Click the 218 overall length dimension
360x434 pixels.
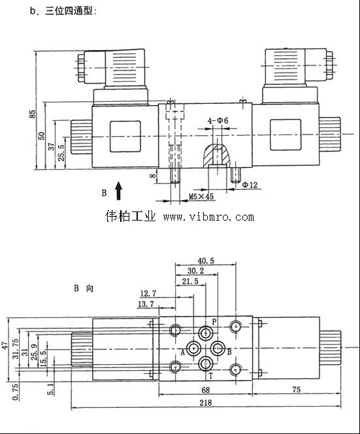(x=206, y=402)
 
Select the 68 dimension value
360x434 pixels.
(x=205, y=390)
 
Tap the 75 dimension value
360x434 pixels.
(x=296, y=390)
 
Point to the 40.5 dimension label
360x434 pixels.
(x=206, y=261)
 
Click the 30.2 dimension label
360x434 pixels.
(x=195, y=271)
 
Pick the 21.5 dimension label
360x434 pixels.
(x=190, y=281)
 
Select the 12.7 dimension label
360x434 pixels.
(x=148, y=293)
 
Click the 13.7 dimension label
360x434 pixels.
(x=146, y=304)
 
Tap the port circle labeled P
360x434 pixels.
(x=206, y=332)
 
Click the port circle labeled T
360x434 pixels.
(x=206, y=364)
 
